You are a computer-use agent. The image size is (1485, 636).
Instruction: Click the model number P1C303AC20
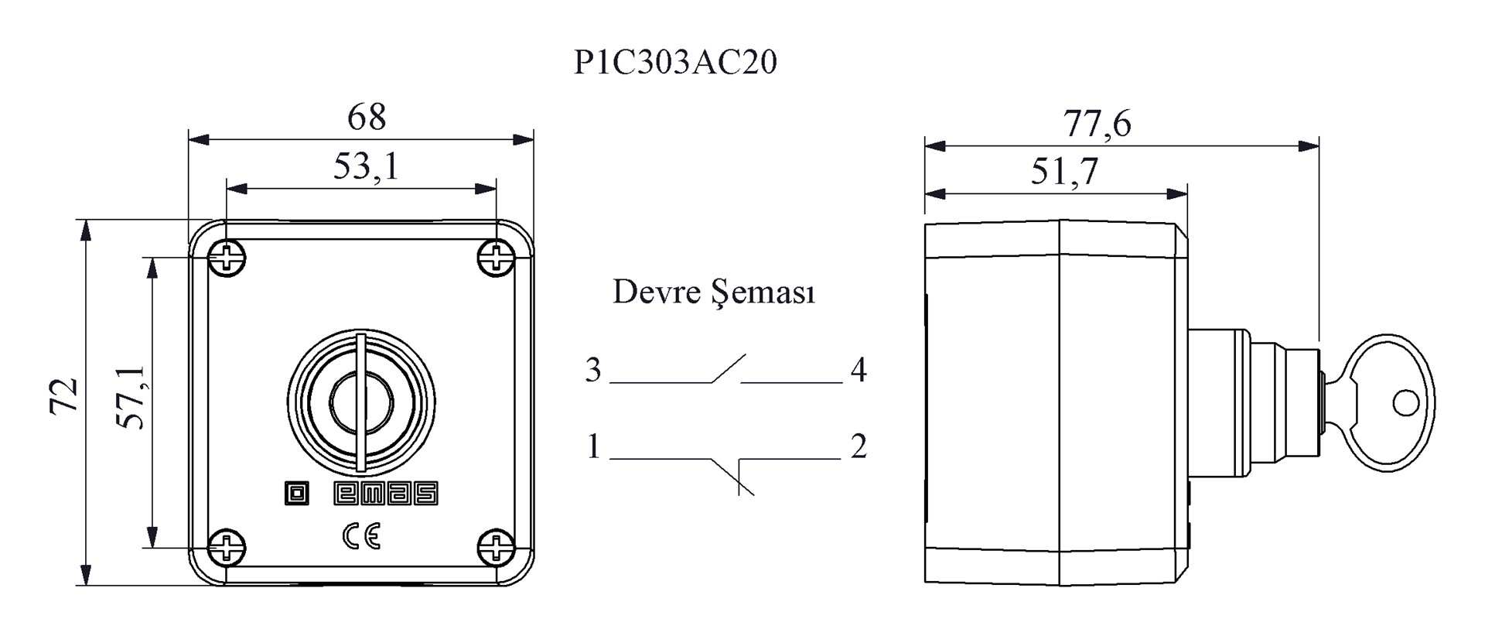point(675,62)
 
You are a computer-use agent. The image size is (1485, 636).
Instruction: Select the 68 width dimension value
point(366,118)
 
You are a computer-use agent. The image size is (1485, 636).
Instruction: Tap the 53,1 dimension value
point(366,166)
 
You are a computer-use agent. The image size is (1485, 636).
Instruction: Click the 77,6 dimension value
point(1098,124)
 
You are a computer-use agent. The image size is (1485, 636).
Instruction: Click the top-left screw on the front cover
point(227,258)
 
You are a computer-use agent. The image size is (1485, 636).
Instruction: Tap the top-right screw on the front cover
point(496,258)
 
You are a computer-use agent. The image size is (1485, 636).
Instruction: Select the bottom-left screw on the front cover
point(227,548)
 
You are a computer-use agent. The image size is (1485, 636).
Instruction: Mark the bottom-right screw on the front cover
point(496,548)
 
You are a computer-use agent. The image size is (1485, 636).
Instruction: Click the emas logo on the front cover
point(386,494)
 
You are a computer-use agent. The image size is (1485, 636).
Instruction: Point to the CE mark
point(361,535)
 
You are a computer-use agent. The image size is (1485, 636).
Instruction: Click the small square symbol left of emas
point(296,494)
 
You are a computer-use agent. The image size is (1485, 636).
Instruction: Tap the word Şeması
point(763,293)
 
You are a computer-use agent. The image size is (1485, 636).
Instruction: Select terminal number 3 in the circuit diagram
point(593,370)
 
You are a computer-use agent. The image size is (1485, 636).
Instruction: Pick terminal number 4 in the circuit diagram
point(859,370)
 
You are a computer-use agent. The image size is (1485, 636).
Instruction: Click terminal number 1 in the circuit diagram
point(593,446)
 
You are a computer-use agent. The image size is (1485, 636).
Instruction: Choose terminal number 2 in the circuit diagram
point(859,446)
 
